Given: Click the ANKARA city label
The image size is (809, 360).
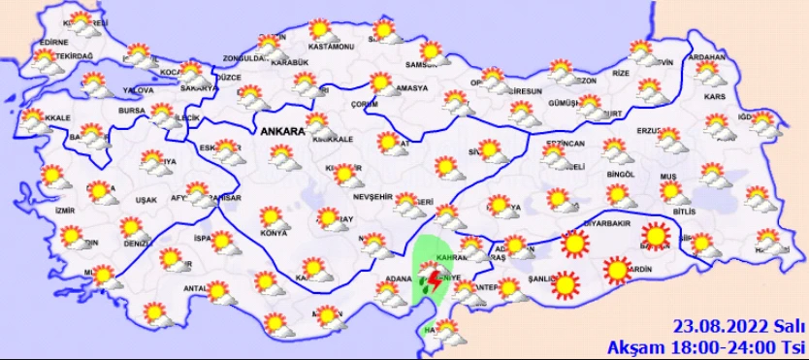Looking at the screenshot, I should tap(281, 130).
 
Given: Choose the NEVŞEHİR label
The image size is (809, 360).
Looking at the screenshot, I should tap(373, 197).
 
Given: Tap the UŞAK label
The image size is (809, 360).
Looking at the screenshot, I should tap(147, 200).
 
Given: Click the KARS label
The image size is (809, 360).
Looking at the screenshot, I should tap(715, 99).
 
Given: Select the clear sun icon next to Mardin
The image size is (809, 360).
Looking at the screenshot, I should tap(617, 270).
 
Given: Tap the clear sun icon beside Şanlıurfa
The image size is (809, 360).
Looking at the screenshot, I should tap(564, 284).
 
